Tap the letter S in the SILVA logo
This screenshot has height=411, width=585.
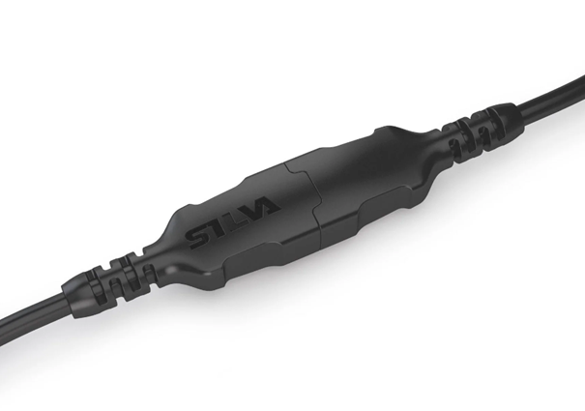point(194,235)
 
